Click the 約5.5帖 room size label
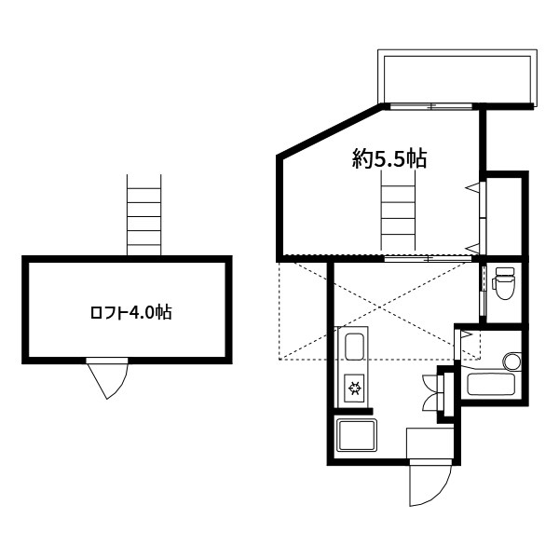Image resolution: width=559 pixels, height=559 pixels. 389,159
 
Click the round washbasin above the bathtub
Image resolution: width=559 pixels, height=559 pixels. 511,360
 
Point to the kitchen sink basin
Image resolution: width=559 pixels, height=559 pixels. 355,350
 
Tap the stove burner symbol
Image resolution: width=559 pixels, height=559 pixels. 355,387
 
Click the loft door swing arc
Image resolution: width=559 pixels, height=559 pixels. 107,380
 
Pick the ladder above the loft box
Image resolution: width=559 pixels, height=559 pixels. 144,215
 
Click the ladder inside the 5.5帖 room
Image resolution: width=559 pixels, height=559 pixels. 398,211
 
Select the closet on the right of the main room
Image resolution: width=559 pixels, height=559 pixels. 505,213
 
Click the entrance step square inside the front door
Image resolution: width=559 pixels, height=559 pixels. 429,443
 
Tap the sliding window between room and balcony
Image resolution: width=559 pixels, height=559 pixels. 430,106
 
